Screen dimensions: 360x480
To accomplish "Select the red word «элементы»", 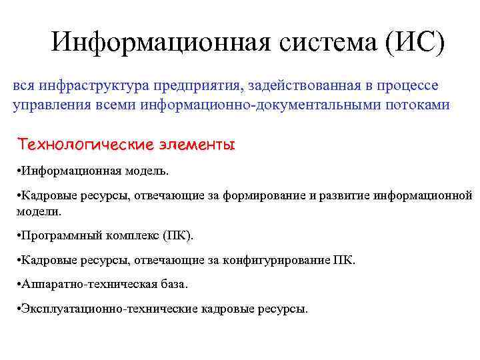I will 199,145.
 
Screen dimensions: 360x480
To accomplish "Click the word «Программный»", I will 55,235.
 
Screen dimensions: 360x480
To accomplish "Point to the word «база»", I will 172,284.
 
